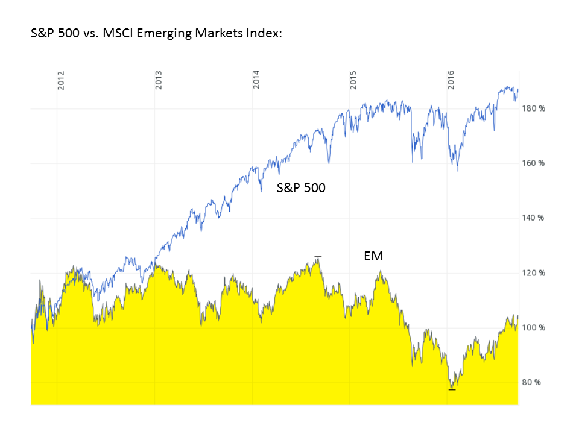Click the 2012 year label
[61, 81]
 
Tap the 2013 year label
[159, 81]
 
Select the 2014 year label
[256, 81]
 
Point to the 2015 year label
[354, 81]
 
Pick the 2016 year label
[452, 81]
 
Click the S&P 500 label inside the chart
[301, 187]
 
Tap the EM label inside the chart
[373, 256]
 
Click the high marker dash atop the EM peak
[318, 257]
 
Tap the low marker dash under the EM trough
[452, 390]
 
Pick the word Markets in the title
[217, 34]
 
